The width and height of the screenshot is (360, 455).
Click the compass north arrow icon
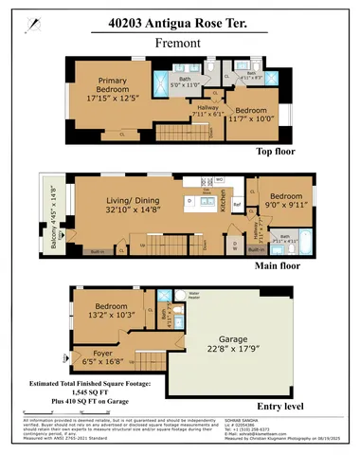tap(35, 20)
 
